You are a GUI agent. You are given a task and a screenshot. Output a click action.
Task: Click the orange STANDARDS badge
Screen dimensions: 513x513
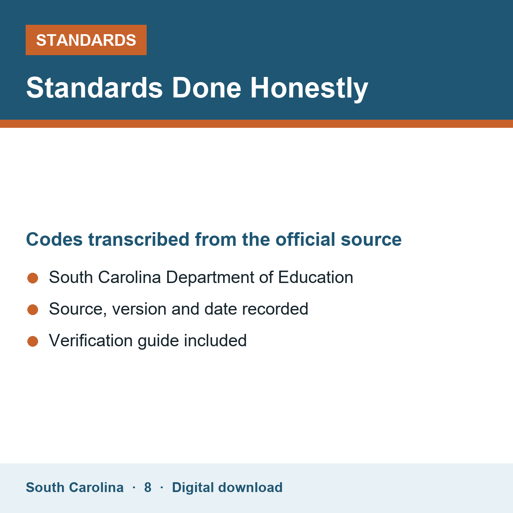(x=86, y=40)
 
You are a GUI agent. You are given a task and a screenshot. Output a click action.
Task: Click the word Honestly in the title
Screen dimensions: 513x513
(x=309, y=88)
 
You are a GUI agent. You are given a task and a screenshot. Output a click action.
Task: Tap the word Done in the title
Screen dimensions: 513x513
(x=206, y=88)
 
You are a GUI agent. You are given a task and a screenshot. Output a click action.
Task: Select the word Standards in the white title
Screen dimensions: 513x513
(x=94, y=88)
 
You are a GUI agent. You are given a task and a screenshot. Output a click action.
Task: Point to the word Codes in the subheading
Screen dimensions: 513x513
(x=54, y=239)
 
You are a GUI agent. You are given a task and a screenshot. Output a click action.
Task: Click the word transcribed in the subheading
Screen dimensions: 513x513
(x=139, y=239)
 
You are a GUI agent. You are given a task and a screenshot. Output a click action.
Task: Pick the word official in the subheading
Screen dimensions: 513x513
(x=305, y=239)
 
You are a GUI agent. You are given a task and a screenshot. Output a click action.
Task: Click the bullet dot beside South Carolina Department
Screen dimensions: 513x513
(x=33, y=278)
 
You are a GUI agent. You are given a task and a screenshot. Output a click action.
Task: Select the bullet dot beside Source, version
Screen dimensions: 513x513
(x=33, y=310)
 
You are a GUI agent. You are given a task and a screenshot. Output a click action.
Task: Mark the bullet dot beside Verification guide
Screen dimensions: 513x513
(x=33, y=342)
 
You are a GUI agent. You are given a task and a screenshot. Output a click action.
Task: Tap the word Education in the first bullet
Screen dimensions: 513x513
(x=315, y=277)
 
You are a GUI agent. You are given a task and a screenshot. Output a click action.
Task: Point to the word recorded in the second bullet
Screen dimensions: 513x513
(x=275, y=309)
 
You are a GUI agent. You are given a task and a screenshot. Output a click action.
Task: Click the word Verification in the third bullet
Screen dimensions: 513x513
(x=91, y=341)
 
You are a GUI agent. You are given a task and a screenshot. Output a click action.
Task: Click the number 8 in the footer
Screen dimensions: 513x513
(x=148, y=487)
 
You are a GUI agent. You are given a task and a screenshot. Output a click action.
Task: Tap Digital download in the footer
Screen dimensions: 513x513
(x=227, y=488)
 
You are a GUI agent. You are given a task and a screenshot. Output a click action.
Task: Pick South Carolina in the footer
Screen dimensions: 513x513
(x=75, y=487)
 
